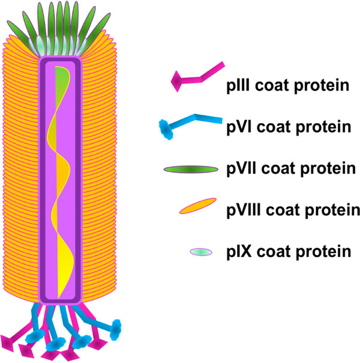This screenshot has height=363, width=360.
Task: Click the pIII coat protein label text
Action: pyautogui.click(x=288, y=86)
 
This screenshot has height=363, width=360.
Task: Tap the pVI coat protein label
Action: pyautogui.click(x=289, y=127)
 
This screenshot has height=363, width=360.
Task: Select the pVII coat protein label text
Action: pyautogui.click(x=291, y=169)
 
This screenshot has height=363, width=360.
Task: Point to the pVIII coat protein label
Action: pyautogui.click(x=293, y=210)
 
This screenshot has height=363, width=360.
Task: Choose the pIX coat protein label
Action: pyautogui.click(x=289, y=251)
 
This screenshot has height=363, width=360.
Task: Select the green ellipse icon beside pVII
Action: pyautogui.click(x=191, y=169)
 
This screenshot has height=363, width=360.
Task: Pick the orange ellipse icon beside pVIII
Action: pyautogui.click(x=198, y=206)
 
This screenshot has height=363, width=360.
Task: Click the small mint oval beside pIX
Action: pyautogui.click(x=201, y=252)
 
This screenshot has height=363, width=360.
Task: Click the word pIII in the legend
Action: pyautogui.click(x=238, y=86)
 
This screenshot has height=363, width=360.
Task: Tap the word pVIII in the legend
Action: pyautogui.click(x=244, y=210)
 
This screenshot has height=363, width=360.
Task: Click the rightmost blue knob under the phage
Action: pyautogui.click(x=116, y=329)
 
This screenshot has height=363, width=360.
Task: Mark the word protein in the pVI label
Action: pyautogui.click(x=323, y=128)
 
